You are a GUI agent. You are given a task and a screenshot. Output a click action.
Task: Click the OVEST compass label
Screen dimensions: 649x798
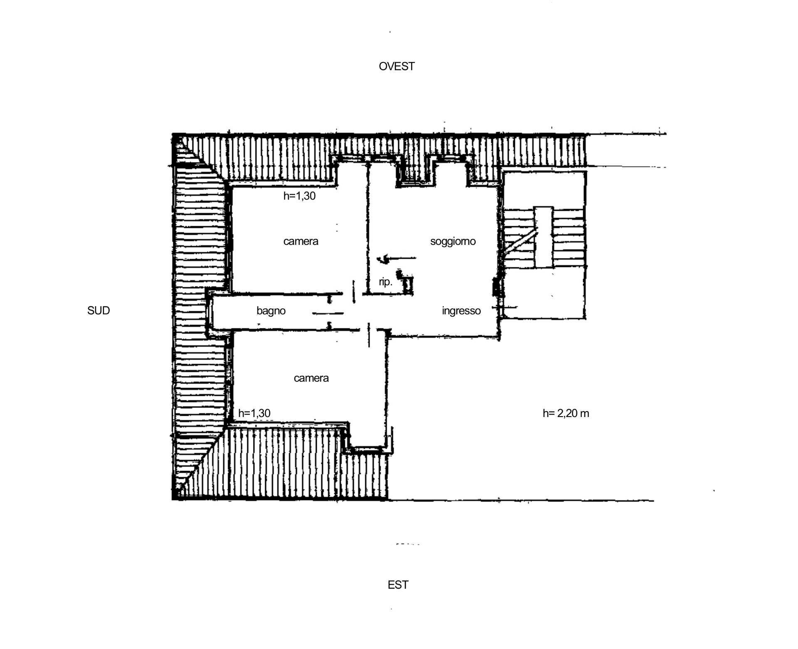397,67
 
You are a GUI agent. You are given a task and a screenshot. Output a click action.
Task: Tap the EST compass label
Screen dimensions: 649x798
398,585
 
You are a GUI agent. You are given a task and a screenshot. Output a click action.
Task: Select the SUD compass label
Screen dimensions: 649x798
99,311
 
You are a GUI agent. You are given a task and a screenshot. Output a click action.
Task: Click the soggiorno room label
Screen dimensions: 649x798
453,242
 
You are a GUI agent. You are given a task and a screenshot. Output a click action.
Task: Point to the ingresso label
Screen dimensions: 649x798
461,311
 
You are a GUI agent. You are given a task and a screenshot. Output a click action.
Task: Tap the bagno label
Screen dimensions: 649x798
271,311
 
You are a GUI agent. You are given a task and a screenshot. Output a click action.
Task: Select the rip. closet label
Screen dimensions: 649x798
385,282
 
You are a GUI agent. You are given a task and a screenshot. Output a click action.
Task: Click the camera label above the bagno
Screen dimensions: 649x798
300,242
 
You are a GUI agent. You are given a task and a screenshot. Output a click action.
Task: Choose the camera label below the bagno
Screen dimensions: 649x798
311,378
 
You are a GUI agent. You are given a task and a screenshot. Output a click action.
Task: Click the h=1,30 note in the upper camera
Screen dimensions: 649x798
299,196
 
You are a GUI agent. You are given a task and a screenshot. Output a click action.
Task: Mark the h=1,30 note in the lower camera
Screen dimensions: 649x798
254,413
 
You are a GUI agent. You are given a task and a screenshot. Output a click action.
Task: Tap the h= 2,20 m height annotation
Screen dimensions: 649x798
566,413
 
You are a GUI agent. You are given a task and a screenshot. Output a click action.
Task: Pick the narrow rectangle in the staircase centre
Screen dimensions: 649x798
544,237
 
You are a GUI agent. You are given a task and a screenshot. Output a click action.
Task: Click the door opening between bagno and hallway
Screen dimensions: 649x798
328,312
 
